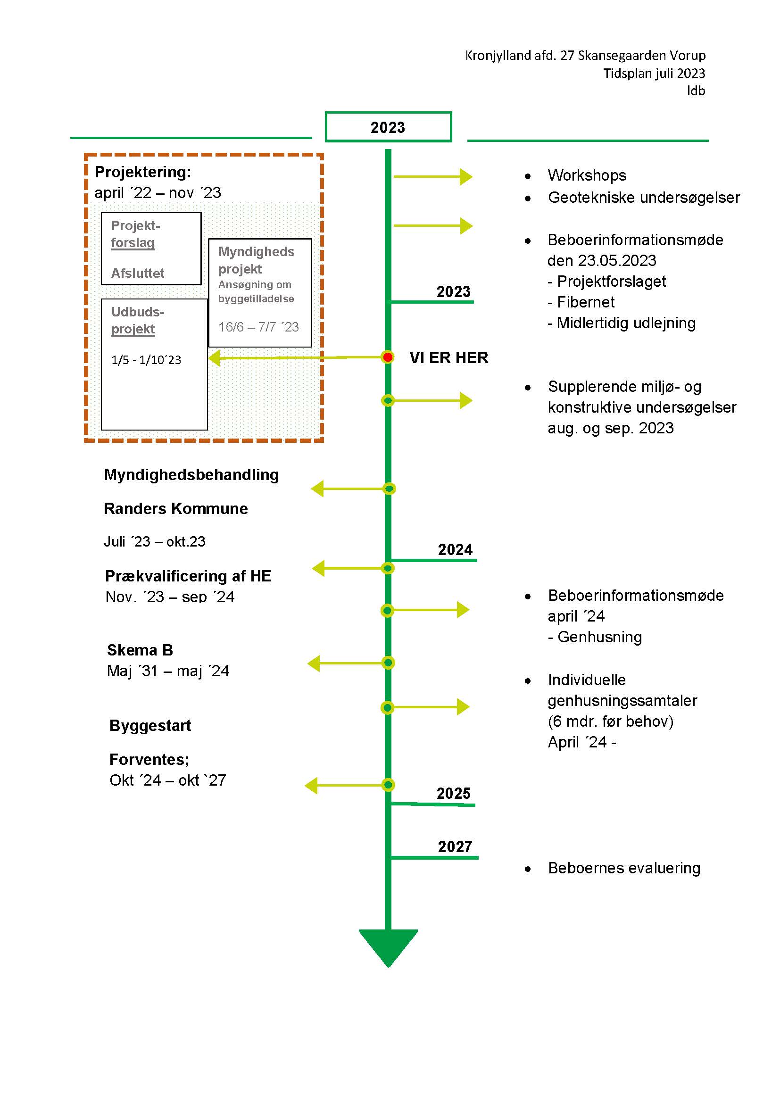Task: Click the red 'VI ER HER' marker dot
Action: click(388, 357)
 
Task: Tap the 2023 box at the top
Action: click(388, 127)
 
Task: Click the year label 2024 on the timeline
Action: click(455, 549)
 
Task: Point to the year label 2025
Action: click(453, 793)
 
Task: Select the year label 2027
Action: click(455, 846)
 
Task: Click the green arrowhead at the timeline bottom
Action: click(388, 945)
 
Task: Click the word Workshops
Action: click(587, 175)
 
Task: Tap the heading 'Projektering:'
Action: click(142, 172)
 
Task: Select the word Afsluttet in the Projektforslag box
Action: click(138, 274)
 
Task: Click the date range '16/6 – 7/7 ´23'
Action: click(258, 327)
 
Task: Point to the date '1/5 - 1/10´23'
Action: click(146, 360)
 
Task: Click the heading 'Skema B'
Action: click(140, 650)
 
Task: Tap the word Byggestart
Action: click(150, 725)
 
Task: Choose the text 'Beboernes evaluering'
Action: click(624, 868)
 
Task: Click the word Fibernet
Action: click(586, 302)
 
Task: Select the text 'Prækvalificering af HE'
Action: click(188, 576)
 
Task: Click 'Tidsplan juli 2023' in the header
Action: click(654, 74)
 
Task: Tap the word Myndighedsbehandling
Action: click(191, 475)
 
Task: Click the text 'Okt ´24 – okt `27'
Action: click(167, 780)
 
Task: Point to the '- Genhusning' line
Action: click(595, 637)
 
